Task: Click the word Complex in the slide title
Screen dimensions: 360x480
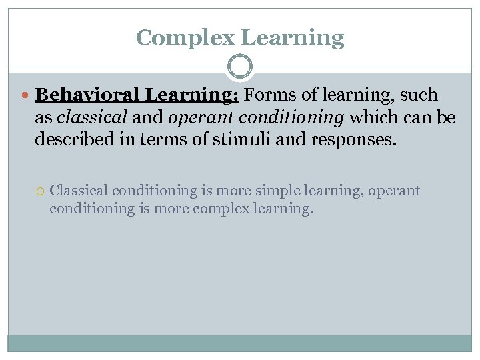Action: pyautogui.click(x=185, y=37)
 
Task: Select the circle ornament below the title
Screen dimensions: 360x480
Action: pyautogui.click(x=240, y=67)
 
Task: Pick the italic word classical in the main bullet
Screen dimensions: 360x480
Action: pyautogui.click(x=91, y=117)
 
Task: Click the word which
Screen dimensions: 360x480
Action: pyautogui.click(x=371, y=117)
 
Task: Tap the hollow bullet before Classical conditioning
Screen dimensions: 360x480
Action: pyautogui.click(x=41, y=191)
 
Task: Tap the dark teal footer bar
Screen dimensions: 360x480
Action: pyautogui.click(x=240, y=343)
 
